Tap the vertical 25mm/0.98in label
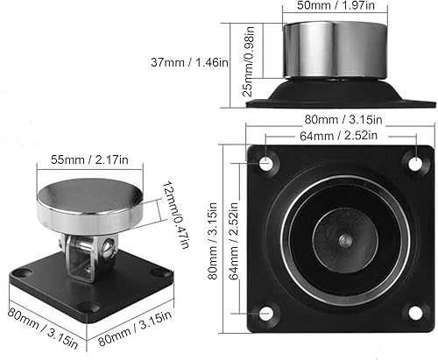click(249, 55)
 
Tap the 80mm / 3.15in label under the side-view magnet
click(337, 118)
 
